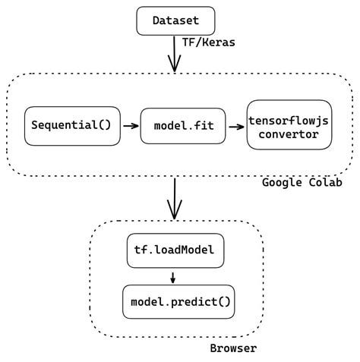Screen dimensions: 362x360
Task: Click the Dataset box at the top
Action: point(175,20)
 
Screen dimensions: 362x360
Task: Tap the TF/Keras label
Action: point(209,42)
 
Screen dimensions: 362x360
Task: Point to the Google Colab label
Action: point(302,183)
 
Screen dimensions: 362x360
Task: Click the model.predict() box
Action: point(178,301)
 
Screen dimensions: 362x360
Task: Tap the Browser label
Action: point(233,348)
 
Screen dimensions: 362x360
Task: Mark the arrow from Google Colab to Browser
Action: point(175,198)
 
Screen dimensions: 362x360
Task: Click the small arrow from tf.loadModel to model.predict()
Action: point(173,276)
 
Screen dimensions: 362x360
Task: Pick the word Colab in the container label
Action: point(324,183)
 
